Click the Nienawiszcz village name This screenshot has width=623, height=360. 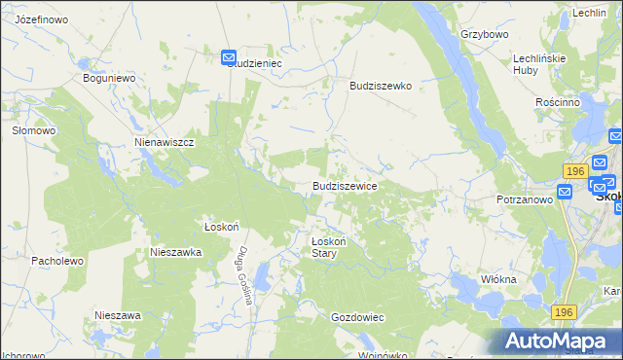tap(165, 142)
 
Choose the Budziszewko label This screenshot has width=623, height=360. tap(381, 86)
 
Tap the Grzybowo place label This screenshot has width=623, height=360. tap(485, 34)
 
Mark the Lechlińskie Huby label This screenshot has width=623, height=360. tap(539, 64)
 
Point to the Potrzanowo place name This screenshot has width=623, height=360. tap(524, 198)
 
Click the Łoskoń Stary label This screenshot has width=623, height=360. tap(323, 247)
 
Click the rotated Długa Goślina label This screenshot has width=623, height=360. tap(242, 274)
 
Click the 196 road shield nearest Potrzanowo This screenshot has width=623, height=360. tap(573, 171)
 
